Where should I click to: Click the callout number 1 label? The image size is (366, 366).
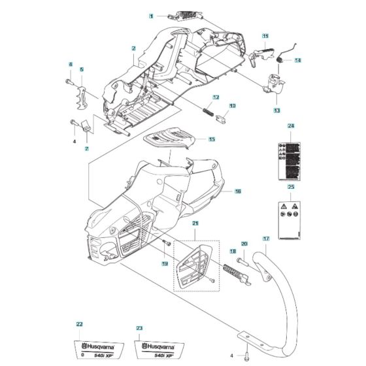tap(151, 14)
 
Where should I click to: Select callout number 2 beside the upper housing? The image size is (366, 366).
tap(133, 48)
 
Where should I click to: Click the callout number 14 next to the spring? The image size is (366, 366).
tap(297, 61)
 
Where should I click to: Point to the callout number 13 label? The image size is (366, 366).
tap(276, 110)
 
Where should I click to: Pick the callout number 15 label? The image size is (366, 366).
tap(212, 139)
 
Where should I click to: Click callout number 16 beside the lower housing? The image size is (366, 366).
tap(238, 191)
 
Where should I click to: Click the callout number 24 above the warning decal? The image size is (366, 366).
tap(291, 125)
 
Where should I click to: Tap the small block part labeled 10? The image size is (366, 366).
tap(220, 118)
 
